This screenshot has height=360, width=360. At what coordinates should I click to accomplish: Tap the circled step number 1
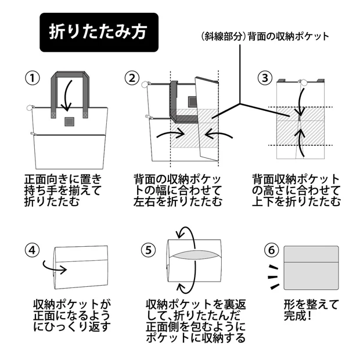pos(32,78)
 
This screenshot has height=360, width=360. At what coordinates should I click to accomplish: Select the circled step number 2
pos(134,78)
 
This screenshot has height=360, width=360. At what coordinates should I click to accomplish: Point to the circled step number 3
pos(265,78)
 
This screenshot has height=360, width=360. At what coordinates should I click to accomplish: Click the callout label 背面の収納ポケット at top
pos(265,37)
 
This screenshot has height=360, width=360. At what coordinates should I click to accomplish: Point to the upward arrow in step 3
pos(300,140)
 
